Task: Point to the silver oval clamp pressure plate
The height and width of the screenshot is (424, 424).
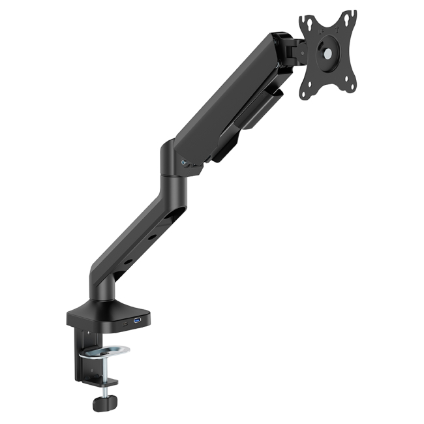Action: (107, 353)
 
